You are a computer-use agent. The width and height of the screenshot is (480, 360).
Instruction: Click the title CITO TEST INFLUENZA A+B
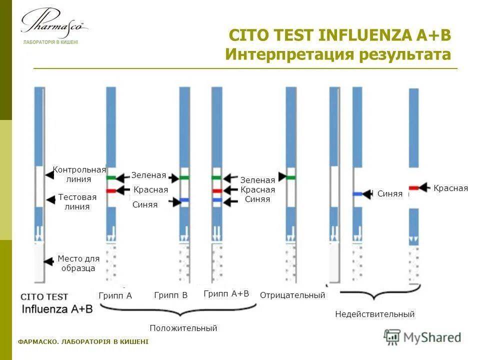[339, 35]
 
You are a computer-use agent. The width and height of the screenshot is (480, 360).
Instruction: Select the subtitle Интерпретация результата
[337, 54]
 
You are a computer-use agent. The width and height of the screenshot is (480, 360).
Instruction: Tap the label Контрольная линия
[79, 174]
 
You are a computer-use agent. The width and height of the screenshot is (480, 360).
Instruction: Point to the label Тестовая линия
[77, 202]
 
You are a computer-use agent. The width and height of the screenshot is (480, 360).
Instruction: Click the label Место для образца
[78, 263]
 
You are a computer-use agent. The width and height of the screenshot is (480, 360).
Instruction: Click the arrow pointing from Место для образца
[48, 261]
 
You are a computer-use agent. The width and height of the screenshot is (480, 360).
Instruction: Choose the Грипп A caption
[115, 295]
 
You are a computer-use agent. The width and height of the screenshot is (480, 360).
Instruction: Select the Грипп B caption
[171, 295]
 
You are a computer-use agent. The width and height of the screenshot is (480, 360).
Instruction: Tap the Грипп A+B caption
[226, 293]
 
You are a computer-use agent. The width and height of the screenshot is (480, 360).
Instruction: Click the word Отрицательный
[292, 295]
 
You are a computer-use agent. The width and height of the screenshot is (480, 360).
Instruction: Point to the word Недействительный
[374, 314]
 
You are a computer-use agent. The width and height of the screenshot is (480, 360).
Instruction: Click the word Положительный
[183, 328]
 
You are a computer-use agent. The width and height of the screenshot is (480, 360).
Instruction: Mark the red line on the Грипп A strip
[111, 191]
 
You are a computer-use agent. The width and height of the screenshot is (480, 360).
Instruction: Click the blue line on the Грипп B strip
[184, 200]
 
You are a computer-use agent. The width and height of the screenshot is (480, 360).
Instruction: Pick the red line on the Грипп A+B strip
[217, 191]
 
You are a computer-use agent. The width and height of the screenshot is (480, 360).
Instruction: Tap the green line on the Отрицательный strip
[290, 177]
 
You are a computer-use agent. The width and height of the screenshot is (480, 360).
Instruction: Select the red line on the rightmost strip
[413, 188]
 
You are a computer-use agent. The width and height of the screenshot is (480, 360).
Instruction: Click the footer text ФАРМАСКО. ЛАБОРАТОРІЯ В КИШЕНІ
[83, 341]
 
